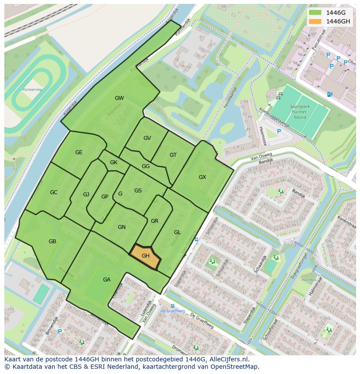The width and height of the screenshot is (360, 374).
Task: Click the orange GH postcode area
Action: coord(146,256)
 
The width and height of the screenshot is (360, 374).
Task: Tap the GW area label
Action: coord(119,98)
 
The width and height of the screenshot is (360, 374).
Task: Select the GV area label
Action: coord(147,138)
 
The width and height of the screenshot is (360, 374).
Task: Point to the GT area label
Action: coord(173,155)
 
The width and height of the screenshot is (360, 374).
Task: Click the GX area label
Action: coord(202,177)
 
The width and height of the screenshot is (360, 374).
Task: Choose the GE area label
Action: coord(79,152)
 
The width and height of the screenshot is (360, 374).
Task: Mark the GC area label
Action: coord(53,192)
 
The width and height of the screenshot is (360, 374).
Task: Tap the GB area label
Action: coord(52,242)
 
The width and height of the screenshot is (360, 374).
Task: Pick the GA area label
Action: coord(107,280)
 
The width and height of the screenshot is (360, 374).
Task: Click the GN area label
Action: coord(121,227)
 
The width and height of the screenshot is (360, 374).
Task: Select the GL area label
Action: coord(177,232)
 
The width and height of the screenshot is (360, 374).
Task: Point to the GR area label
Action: coord(154,221)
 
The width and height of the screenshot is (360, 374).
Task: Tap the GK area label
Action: coord(113,162)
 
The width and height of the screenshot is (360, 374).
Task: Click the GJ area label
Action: coord(86,195)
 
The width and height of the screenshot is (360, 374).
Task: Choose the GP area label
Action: coord(105,197)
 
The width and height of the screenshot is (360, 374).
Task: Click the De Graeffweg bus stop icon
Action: coord(173,306)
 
